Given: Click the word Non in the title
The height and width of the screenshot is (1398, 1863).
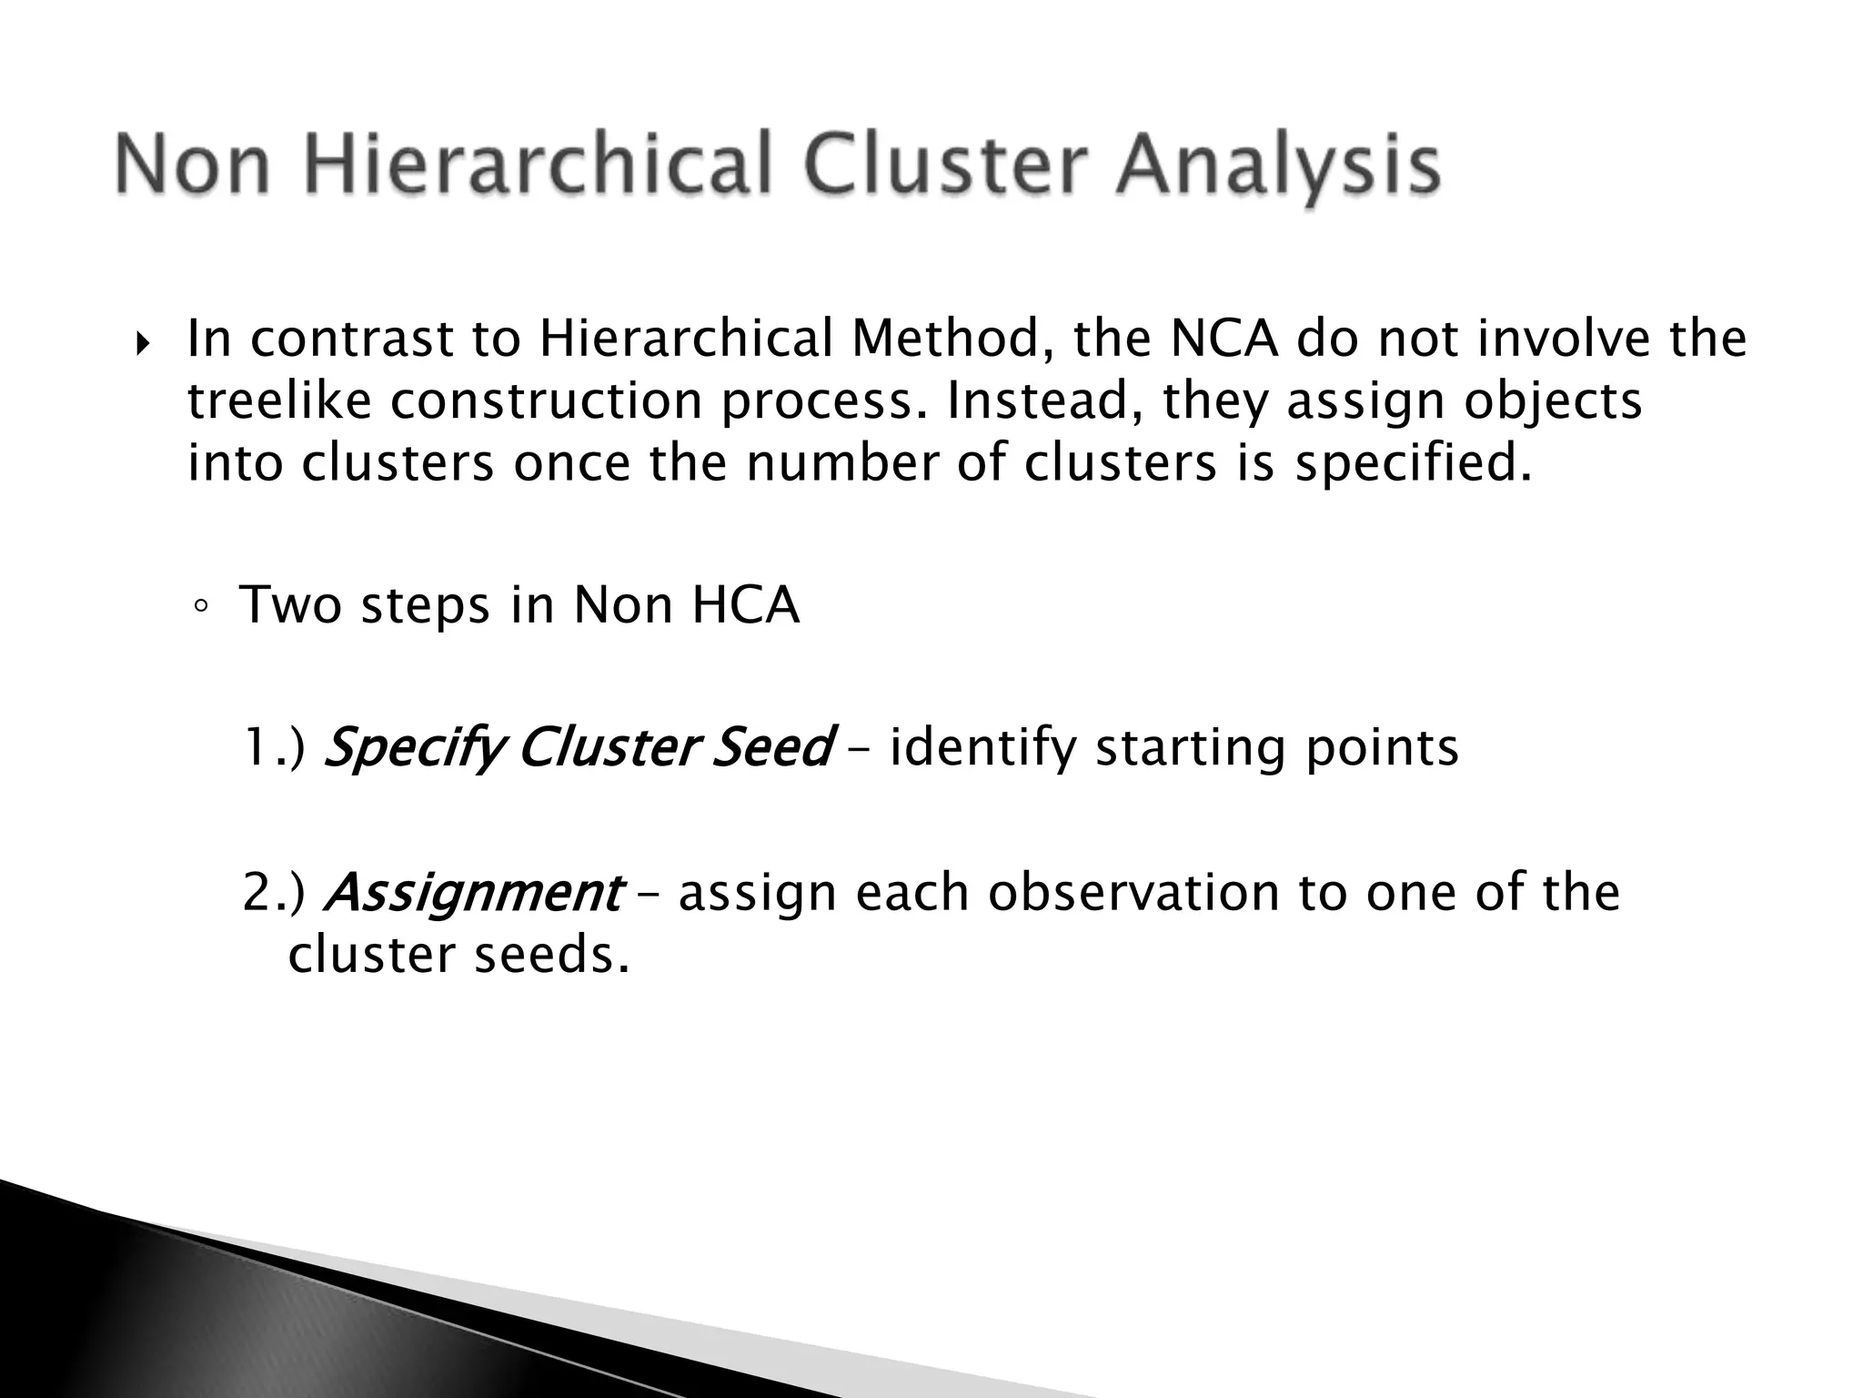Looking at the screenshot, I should tap(194, 166).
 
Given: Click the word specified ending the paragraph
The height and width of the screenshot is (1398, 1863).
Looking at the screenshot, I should tap(1413, 463).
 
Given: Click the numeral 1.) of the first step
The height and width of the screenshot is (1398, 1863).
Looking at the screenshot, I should tap(274, 748).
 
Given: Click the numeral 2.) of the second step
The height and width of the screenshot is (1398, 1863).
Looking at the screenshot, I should tap(274, 893).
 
